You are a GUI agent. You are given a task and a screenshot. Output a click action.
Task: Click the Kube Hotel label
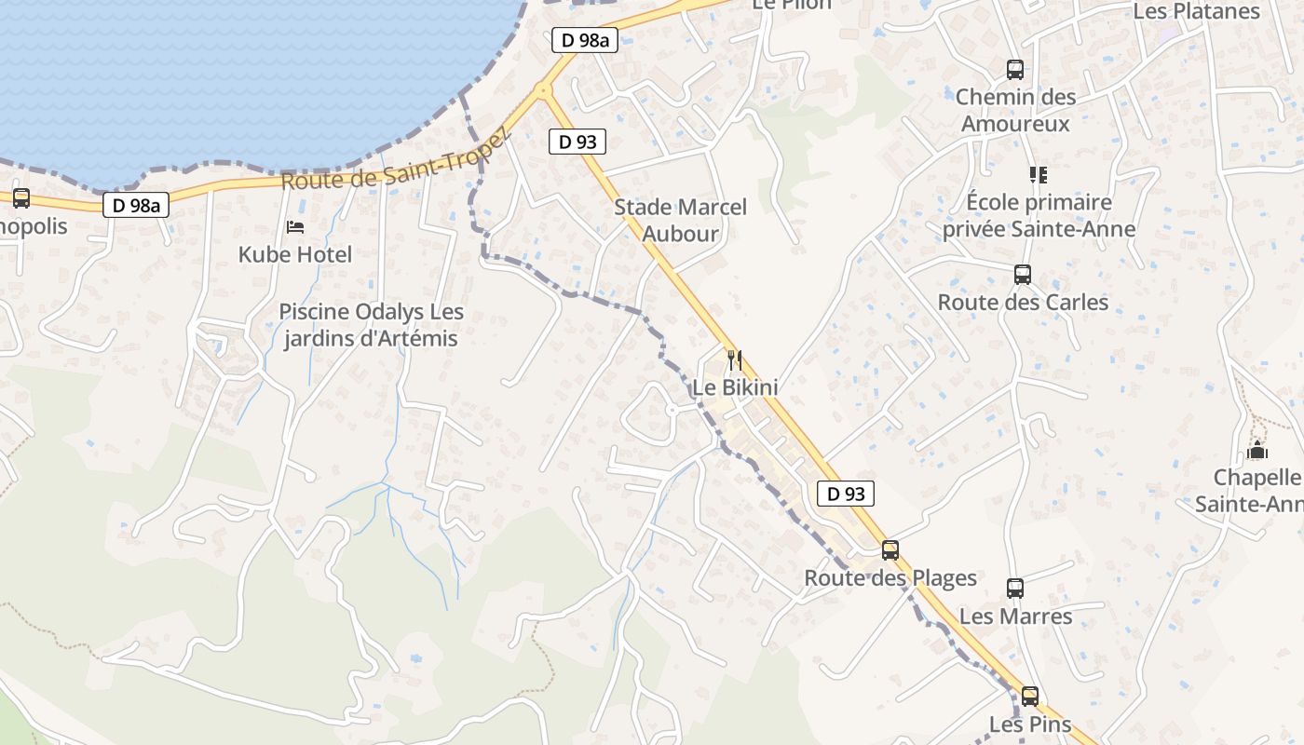point(295,254)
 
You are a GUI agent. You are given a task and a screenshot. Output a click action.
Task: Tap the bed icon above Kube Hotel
point(295,226)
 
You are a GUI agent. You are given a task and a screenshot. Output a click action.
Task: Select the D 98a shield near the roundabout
point(585,40)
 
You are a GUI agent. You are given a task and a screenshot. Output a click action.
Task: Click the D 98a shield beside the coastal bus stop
point(136,206)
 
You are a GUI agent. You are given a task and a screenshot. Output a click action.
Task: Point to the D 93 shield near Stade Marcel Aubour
point(577,142)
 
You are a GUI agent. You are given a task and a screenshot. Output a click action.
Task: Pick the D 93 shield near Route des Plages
point(846,494)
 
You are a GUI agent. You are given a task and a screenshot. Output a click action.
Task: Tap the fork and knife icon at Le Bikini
point(735,359)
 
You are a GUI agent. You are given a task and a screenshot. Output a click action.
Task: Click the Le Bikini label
point(735,386)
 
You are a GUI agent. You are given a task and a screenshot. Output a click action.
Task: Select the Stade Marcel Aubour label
point(680,221)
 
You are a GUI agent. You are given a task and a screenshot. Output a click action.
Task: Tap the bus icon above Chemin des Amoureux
point(1015,69)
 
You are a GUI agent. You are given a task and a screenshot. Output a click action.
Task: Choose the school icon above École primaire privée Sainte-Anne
point(1039,174)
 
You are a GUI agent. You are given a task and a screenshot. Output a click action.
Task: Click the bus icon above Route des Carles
point(1023,274)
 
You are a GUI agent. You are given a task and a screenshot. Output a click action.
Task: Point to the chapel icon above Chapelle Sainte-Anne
point(1256,451)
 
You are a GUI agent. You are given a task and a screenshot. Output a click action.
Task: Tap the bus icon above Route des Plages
point(890,549)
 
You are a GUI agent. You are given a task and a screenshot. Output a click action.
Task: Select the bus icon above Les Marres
point(1015,589)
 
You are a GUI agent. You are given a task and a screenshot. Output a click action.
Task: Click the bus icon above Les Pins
point(1030,696)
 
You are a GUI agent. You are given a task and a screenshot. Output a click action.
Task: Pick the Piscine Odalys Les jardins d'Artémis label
point(372,325)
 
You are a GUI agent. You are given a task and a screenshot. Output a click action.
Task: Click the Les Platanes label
point(1196,11)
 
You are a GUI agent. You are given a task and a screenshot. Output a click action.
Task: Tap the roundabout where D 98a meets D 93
point(543,91)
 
